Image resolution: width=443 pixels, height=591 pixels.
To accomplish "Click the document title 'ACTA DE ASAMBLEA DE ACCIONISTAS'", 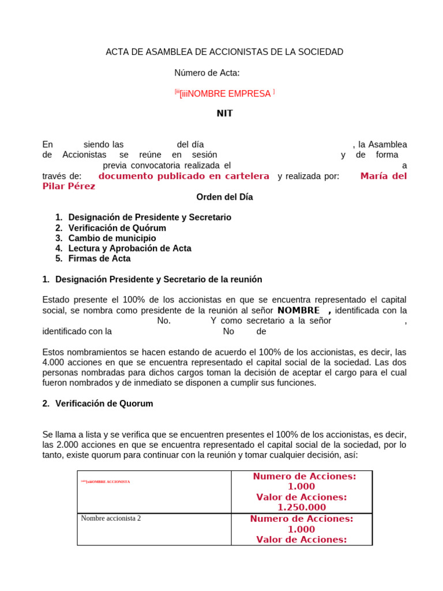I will (x=224, y=52).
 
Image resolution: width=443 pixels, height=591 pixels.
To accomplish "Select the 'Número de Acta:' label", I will (x=207, y=73).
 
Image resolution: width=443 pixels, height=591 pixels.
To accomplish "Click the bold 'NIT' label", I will (x=224, y=114).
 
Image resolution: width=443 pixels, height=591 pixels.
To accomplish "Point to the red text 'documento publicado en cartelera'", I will (x=184, y=176).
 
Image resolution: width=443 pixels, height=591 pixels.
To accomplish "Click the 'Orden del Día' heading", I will (x=224, y=197).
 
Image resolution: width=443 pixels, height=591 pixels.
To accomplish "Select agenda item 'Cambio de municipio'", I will (x=112, y=238).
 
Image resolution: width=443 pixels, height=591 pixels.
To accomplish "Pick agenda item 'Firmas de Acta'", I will (x=99, y=259).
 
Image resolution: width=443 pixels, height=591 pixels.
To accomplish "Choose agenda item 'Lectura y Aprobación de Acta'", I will (x=130, y=248).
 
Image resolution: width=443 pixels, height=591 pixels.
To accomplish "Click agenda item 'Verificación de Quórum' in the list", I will (x=117, y=228).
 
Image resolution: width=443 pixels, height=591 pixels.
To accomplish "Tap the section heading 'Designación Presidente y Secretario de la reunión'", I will (x=159, y=279).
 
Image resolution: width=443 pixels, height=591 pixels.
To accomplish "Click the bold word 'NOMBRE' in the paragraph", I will (x=298, y=311).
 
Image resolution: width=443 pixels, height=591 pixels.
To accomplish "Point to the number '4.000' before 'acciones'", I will (x=54, y=362).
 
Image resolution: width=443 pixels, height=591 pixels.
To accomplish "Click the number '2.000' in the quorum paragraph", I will (x=54, y=445).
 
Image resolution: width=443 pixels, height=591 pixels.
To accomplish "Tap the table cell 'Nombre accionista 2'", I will (x=111, y=518).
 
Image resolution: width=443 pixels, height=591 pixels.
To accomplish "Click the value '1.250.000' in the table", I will (x=302, y=507).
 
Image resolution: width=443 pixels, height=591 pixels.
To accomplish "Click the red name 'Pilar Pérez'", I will (x=69, y=186).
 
